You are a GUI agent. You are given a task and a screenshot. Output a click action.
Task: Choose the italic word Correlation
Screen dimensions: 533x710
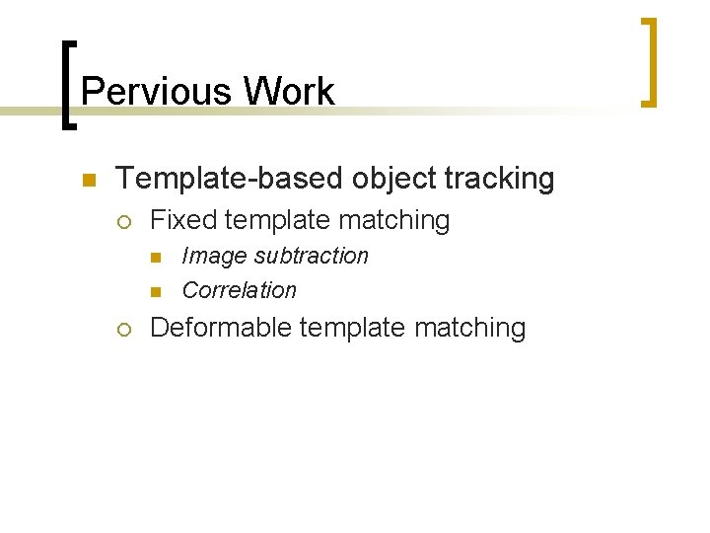239,290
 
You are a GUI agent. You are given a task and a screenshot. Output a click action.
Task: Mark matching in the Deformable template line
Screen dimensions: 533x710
469,328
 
